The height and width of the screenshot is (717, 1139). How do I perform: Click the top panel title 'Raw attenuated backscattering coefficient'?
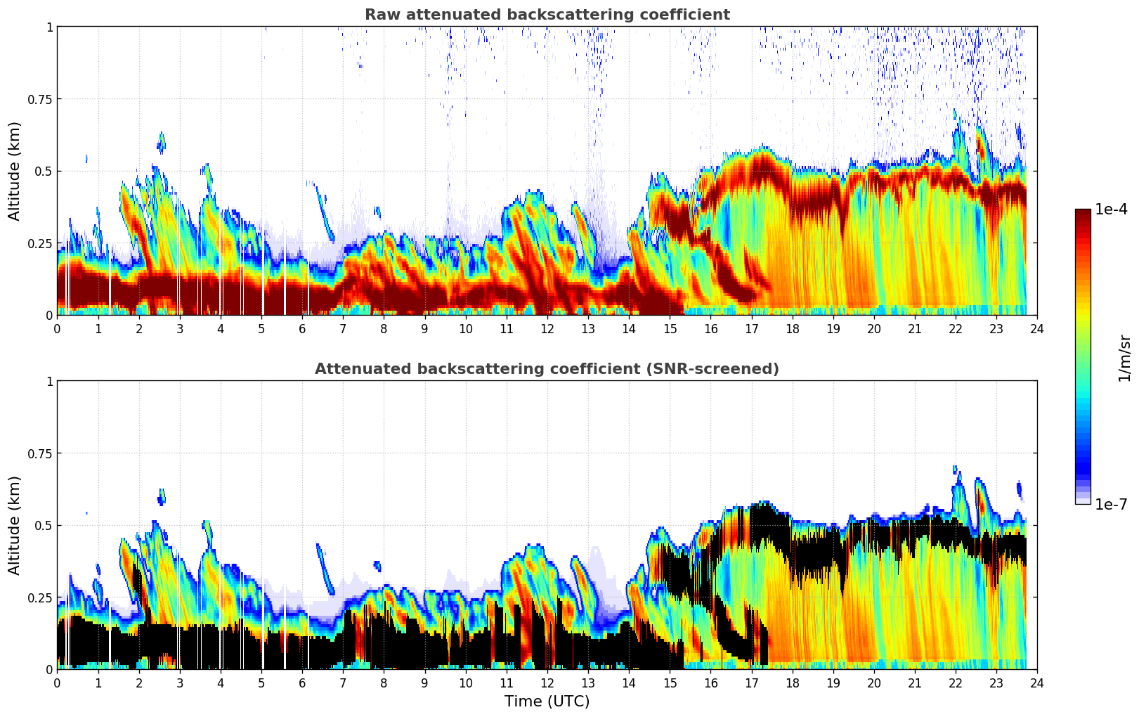point(547,15)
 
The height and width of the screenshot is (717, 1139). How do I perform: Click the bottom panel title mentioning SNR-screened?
point(547,369)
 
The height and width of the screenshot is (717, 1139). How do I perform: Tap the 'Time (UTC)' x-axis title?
point(547,702)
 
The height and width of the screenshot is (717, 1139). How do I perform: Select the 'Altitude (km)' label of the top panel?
point(15,171)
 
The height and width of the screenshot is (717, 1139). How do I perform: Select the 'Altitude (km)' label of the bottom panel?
point(15,525)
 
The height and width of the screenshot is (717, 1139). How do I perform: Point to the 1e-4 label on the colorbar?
point(1111,209)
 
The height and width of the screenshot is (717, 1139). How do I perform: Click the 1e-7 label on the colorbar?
point(1111,504)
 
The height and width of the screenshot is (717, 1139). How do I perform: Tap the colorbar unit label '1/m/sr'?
point(1124,358)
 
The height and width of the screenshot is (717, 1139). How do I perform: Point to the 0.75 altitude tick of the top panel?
point(40,99)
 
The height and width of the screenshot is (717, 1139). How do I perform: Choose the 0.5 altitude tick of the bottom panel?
point(44,525)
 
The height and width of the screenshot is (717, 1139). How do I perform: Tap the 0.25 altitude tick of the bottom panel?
point(40,597)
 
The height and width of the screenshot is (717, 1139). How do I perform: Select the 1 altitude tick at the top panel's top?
point(49,27)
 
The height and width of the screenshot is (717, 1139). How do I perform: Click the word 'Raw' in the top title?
point(380,15)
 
